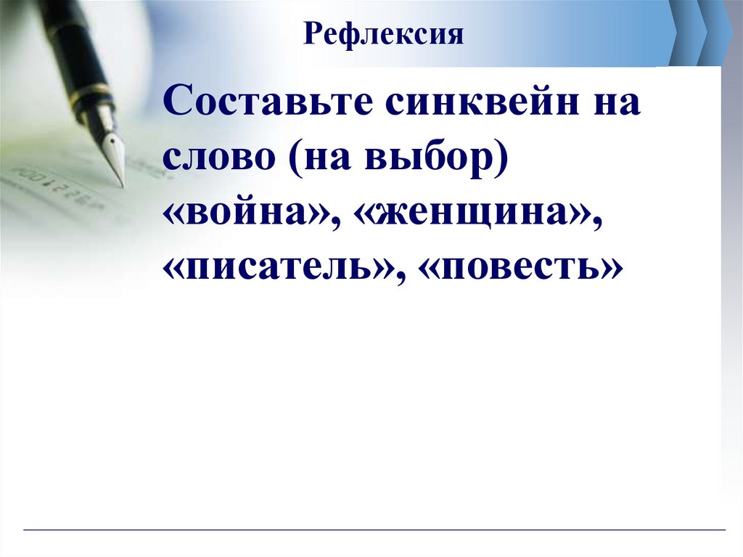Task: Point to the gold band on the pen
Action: [92, 94]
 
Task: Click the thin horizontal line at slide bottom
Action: [374, 531]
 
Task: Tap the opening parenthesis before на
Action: [299, 158]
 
